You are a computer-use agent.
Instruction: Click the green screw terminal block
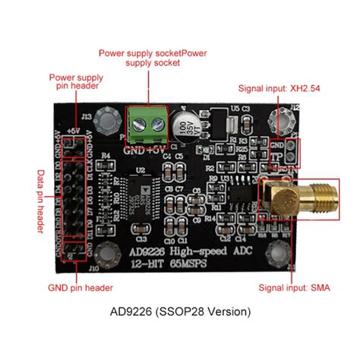click(147, 125)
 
